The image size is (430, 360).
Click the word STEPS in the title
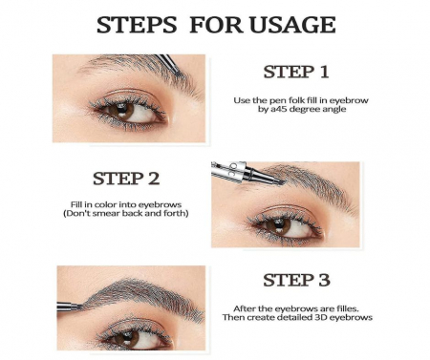[136, 24]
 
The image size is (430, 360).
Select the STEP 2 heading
[126, 179]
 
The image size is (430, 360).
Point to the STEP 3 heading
[294, 281]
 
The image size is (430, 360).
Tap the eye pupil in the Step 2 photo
[280, 225]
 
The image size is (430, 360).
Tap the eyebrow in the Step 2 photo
[296, 181]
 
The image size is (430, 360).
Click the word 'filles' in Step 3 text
[334, 307]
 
